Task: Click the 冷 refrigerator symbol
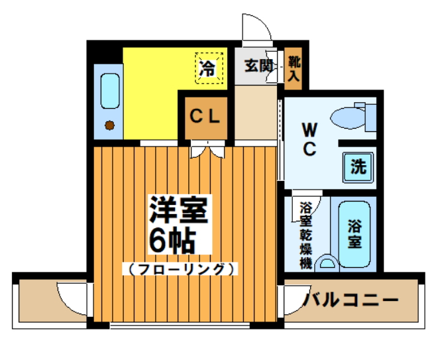click(x=207, y=68)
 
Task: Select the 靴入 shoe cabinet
click(x=293, y=68)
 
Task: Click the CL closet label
click(x=205, y=117)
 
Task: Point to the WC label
click(x=309, y=139)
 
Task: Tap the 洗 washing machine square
click(x=358, y=166)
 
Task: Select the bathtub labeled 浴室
click(x=356, y=234)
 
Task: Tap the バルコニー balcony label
click(x=351, y=300)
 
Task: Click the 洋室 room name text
click(x=179, y=211)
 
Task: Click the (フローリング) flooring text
click(x=179, y=269)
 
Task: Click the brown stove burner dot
click(x=109, y=124)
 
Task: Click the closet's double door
click(x=205, y=150)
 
